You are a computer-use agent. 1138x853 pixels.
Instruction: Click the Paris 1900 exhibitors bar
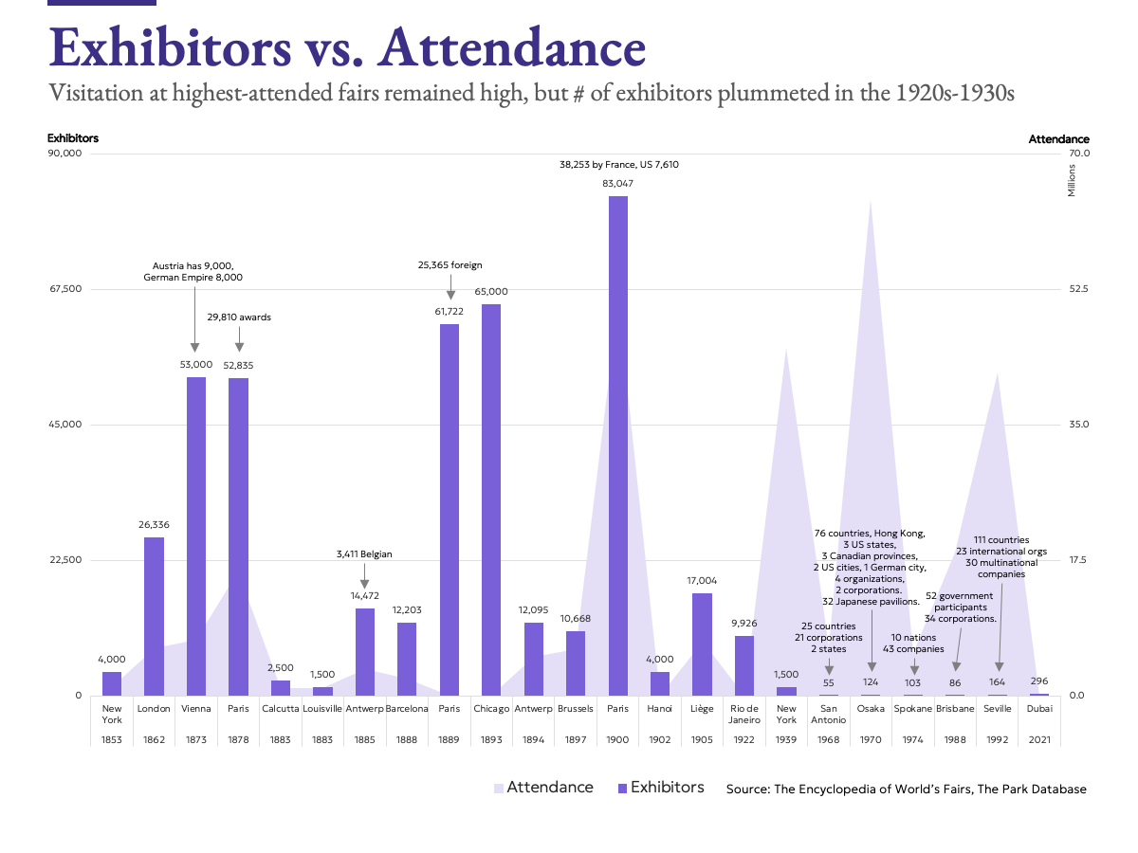617,445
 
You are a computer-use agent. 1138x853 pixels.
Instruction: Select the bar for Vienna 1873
196,535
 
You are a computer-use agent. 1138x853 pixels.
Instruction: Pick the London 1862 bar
154,616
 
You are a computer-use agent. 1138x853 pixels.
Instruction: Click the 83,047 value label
617,183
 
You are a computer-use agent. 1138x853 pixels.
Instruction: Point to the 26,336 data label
154,524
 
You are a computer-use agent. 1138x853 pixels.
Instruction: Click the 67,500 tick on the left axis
65,289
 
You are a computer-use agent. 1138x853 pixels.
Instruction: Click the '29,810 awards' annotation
239,318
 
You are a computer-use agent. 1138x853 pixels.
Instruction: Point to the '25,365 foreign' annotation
450,264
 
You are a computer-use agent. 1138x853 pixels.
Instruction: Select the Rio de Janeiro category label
744,714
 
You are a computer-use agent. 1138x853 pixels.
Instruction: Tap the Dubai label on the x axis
1039,708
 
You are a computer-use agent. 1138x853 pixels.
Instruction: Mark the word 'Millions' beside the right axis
1072,180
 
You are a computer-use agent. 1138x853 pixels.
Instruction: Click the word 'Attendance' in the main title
511,47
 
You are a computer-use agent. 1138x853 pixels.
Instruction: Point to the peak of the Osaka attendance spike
871,201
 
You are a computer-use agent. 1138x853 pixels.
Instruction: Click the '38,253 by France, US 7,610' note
618,164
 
